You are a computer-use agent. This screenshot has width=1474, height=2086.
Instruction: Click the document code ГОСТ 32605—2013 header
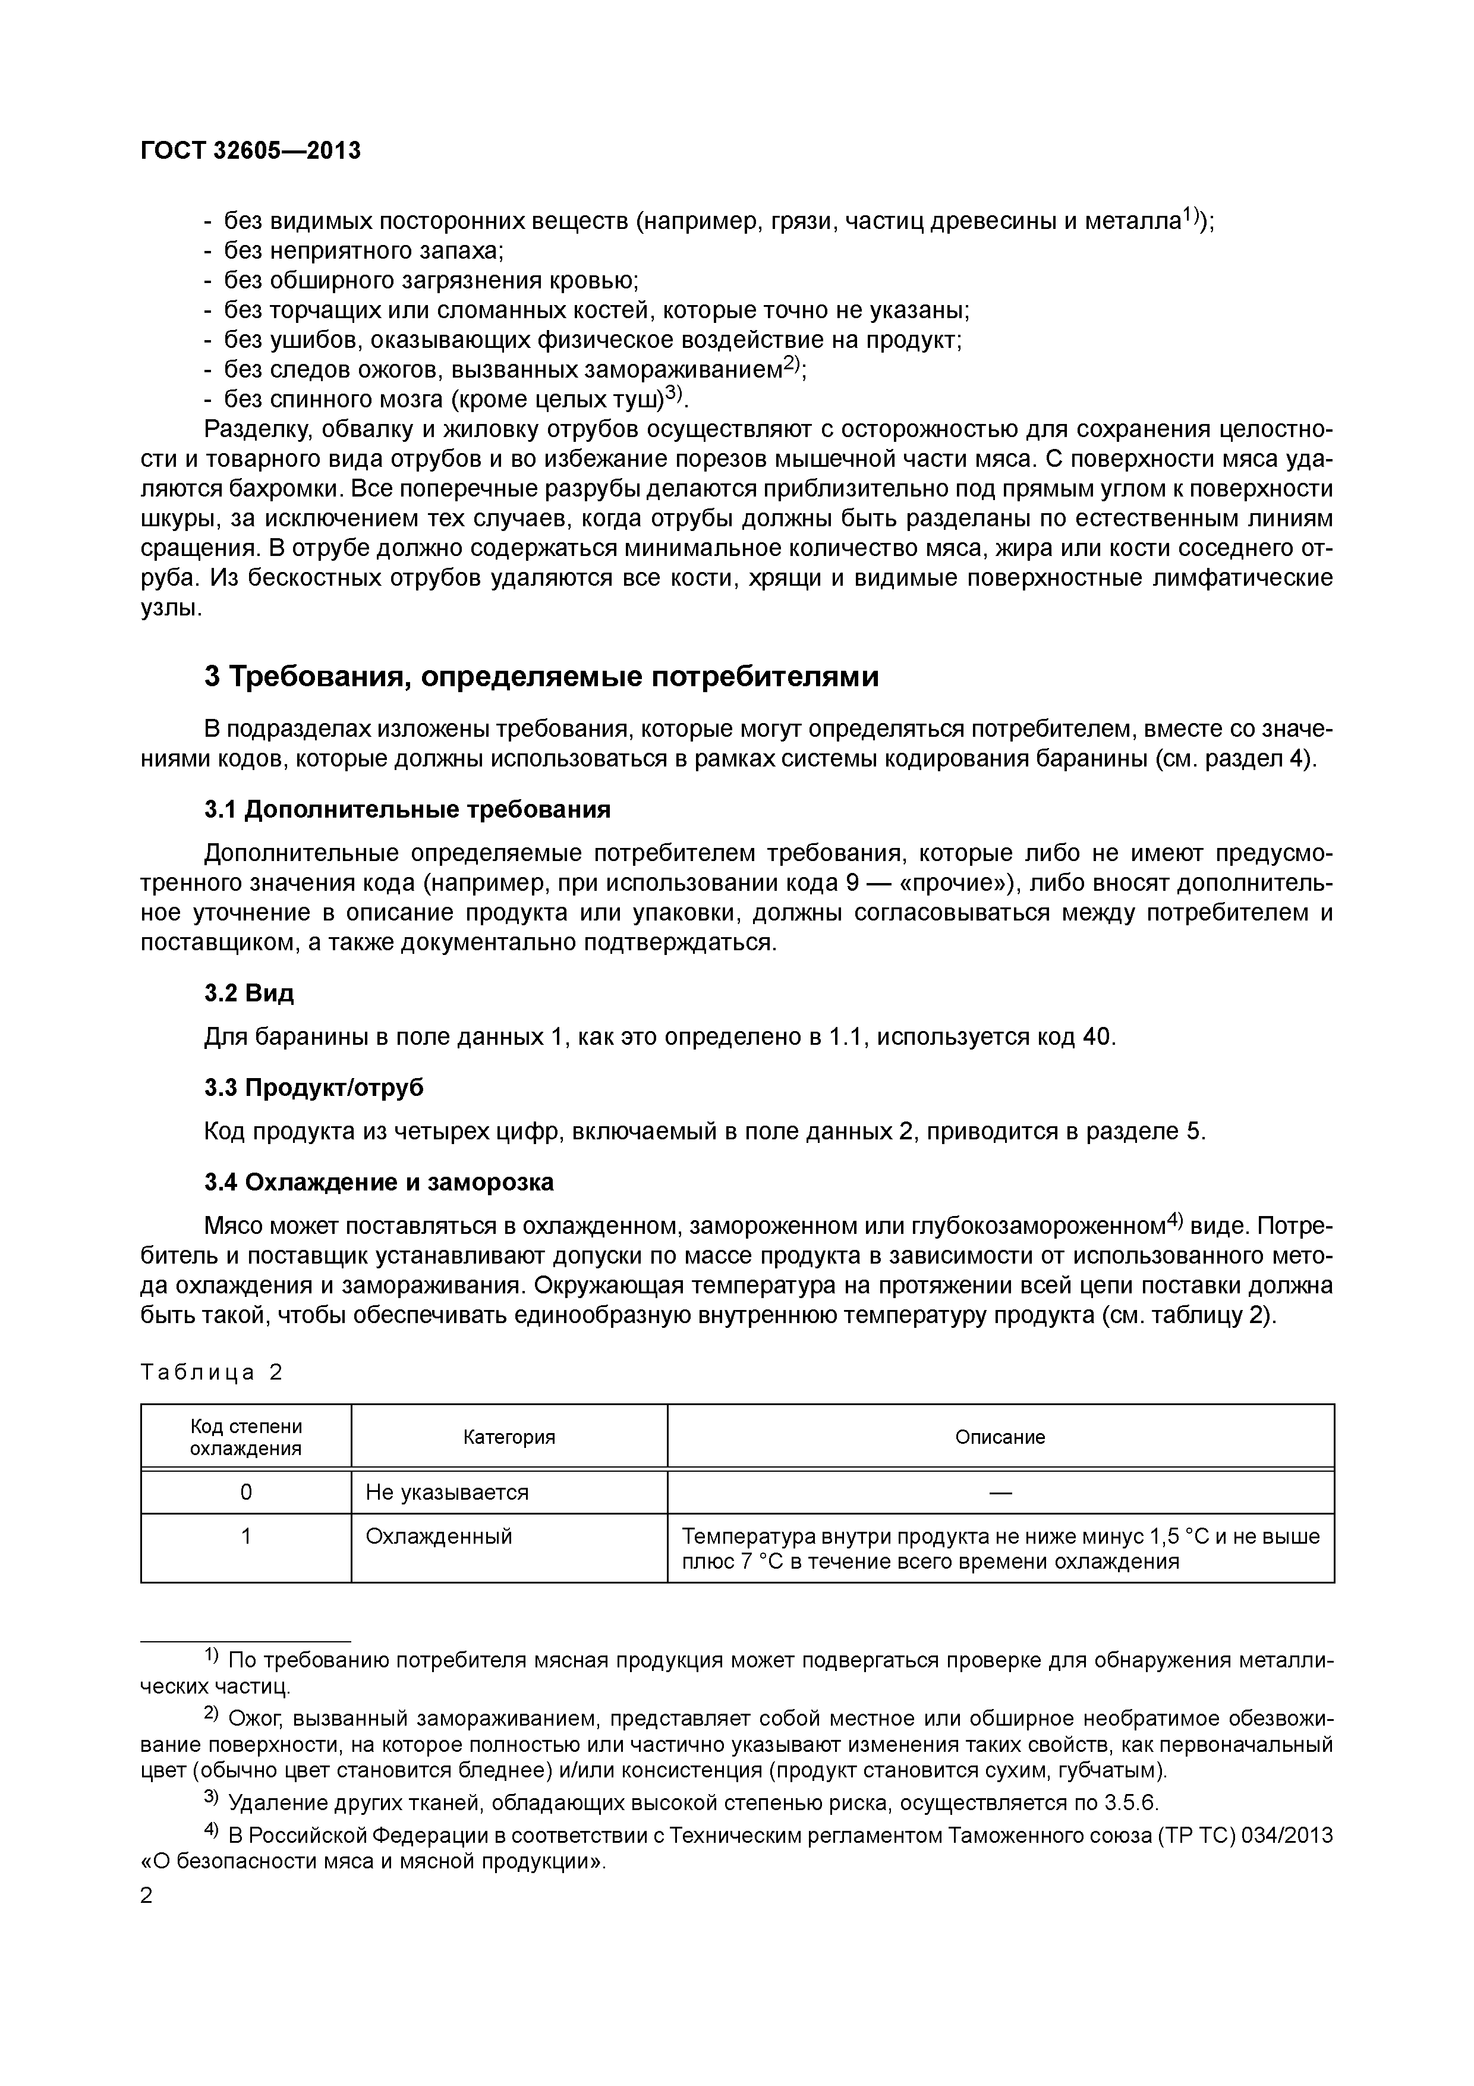251,151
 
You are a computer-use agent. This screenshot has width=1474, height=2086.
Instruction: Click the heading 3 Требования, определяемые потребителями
541,677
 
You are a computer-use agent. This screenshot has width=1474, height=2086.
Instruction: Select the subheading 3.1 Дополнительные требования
407,809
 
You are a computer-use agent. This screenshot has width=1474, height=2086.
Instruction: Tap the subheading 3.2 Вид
249,993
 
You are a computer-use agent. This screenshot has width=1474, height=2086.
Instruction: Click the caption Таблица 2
212,1372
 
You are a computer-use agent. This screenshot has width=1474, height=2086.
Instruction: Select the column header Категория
509,1437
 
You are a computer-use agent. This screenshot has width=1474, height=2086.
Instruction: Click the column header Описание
1000,1437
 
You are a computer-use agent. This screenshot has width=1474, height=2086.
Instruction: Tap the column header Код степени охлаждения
245,1437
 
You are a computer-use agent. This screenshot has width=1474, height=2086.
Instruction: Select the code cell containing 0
245,1492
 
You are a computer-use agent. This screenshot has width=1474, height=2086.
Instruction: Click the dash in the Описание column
1000,1492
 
